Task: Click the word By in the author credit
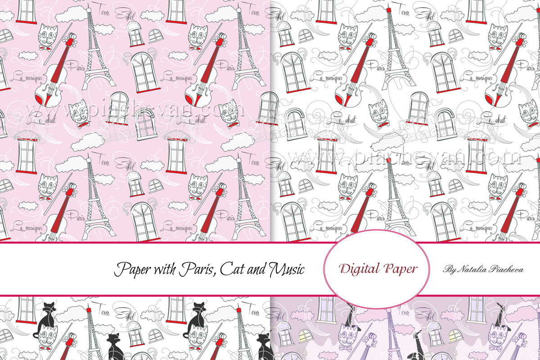tap(448, 270)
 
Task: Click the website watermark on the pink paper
tap(135, 110)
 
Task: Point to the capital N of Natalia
tap(460, 270)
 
